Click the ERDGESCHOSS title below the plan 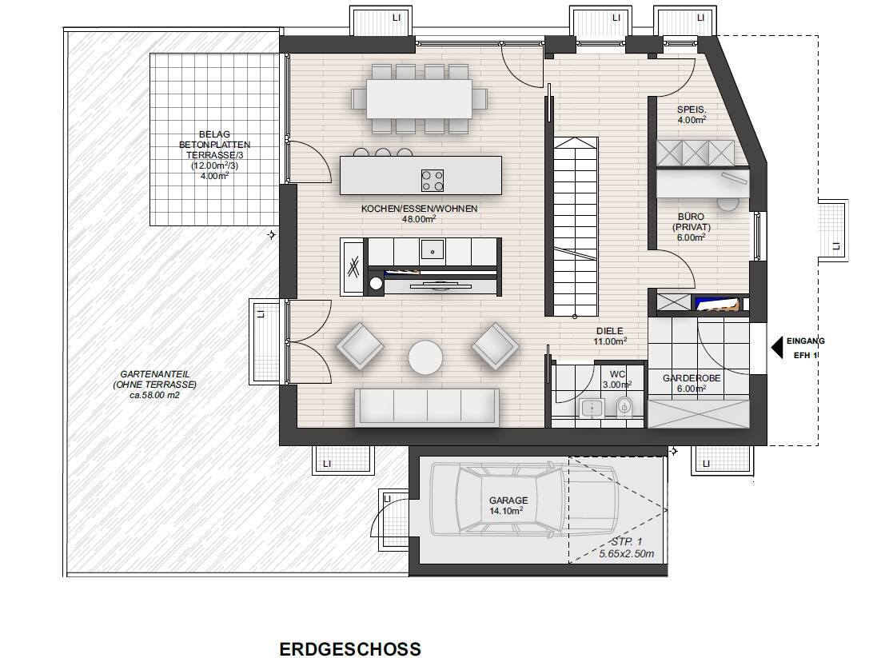click(x=350, y=648)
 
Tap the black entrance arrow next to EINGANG click(x=776, y=347)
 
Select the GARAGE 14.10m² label click(x=508, y=505)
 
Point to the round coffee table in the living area click(x=426, y=357)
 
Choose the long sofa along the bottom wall click(x=427, y=407)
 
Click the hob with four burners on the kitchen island click(x=433, y=181)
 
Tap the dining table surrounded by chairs click(x=419, y=99)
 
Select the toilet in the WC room click(x=624, y=405)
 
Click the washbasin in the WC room click(x=592, y=408)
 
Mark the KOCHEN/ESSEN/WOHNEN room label click(x=419, y=214)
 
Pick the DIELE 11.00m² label click(x=609, y=337)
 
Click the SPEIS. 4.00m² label click(x=692, y=114)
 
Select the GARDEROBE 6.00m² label click(x=692, y=383)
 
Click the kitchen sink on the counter click(x=433, y=249)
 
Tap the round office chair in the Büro click(x=728, y=203)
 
